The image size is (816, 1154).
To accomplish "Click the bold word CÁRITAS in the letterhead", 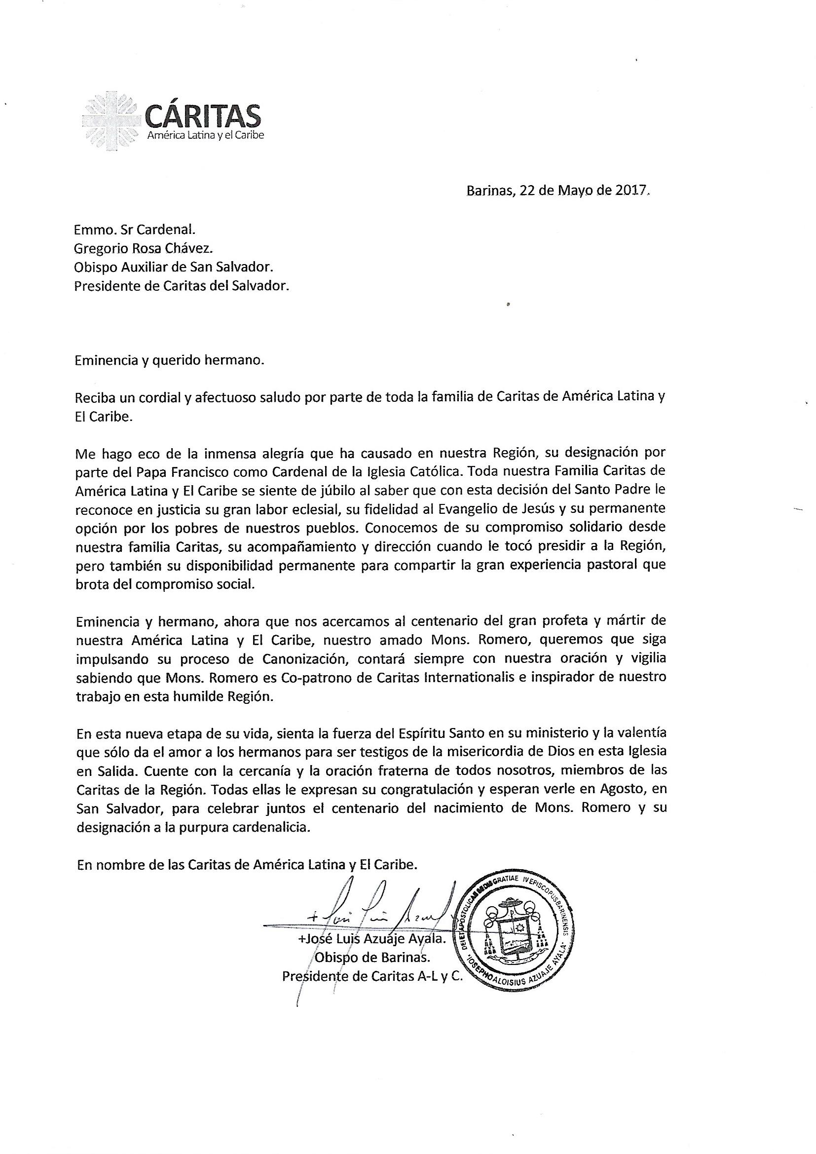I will point(202,115).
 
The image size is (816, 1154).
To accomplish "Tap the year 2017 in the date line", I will point(628,191).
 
